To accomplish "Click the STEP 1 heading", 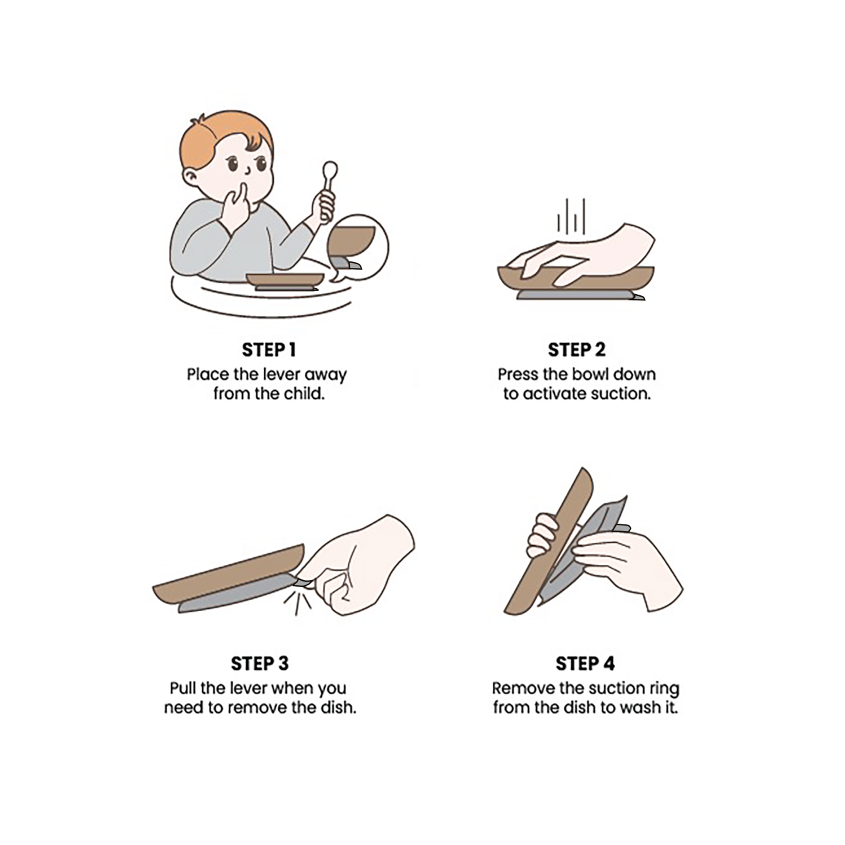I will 268,350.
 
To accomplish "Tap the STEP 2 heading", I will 577,350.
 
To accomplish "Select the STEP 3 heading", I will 260,664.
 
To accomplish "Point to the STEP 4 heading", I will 585,664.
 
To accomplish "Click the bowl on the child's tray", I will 284,280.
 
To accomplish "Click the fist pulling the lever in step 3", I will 357,567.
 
